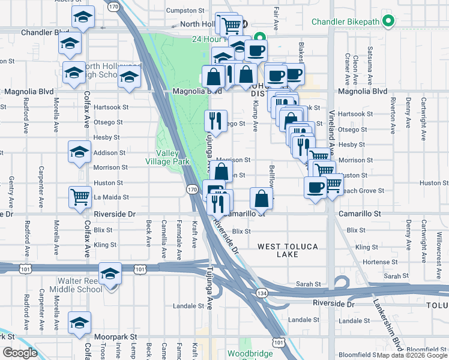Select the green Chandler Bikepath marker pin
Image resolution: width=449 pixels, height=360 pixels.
click(388, 22)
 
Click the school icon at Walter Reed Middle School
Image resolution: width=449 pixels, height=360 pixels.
click(110, 274)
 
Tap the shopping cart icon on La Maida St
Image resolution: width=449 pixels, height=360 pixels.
click(80, 197)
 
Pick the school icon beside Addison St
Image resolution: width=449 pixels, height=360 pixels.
click(79, 152)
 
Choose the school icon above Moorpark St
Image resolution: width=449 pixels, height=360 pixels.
click(80, 323)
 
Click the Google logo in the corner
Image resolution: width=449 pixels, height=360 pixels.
click(20, 353)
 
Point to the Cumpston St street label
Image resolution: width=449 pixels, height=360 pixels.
click(185, 11)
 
